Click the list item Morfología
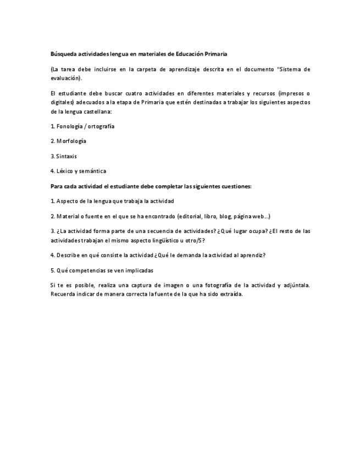tap(68, 141)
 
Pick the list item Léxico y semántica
tap(78, 171)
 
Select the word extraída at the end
tap(230, 294)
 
